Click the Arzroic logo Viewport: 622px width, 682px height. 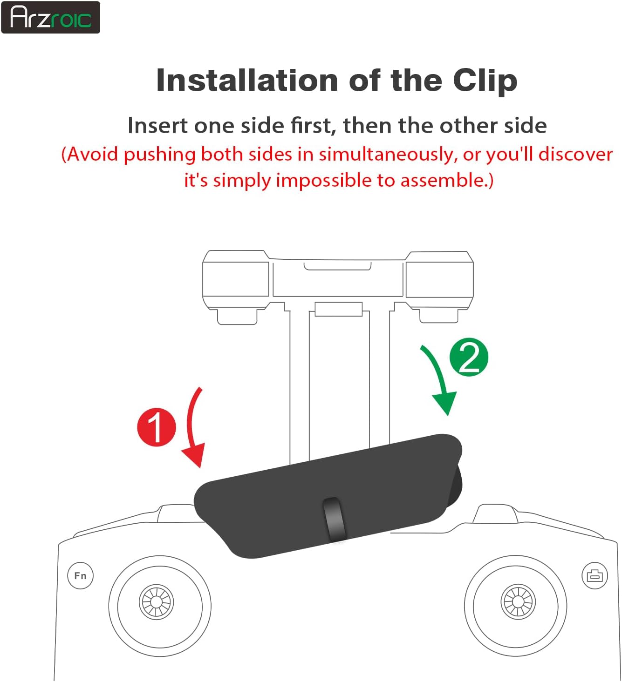[50, 17]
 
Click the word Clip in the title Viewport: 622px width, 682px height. [485, 81]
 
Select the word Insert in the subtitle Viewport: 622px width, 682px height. [157, 125]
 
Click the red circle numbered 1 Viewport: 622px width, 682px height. [157, 427]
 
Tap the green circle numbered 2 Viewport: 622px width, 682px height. [469, 357]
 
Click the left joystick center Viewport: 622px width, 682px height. [157, 602]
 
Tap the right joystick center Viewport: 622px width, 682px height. [518, 602]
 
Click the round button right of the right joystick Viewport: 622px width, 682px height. [595, 575]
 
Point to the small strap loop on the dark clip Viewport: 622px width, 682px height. [335, 520]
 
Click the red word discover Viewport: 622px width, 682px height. [575, 155]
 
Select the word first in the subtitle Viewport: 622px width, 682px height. [313, 125]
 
